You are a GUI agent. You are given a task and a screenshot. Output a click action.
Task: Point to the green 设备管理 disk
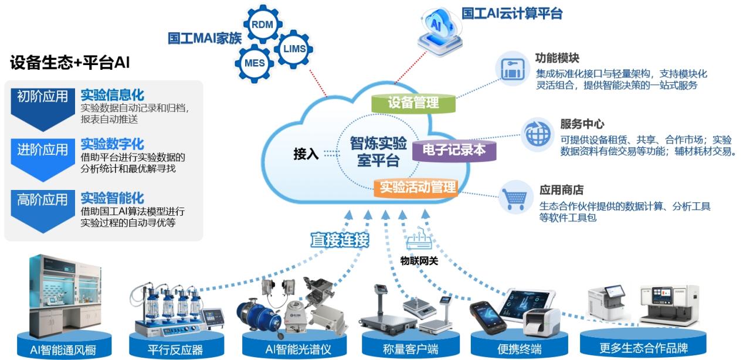pyautogui.click(x=414, y=104)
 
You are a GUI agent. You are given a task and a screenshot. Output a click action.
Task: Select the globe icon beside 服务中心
pyautogui.click(x=536, y=134)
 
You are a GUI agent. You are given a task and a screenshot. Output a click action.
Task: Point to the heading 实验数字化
pyautogui.click(x=112, y=144)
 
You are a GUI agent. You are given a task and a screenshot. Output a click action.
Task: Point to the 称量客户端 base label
pyautogui.click(x=410, y=349)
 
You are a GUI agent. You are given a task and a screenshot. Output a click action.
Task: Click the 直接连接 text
pyautogui.click(x=340, y=240)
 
